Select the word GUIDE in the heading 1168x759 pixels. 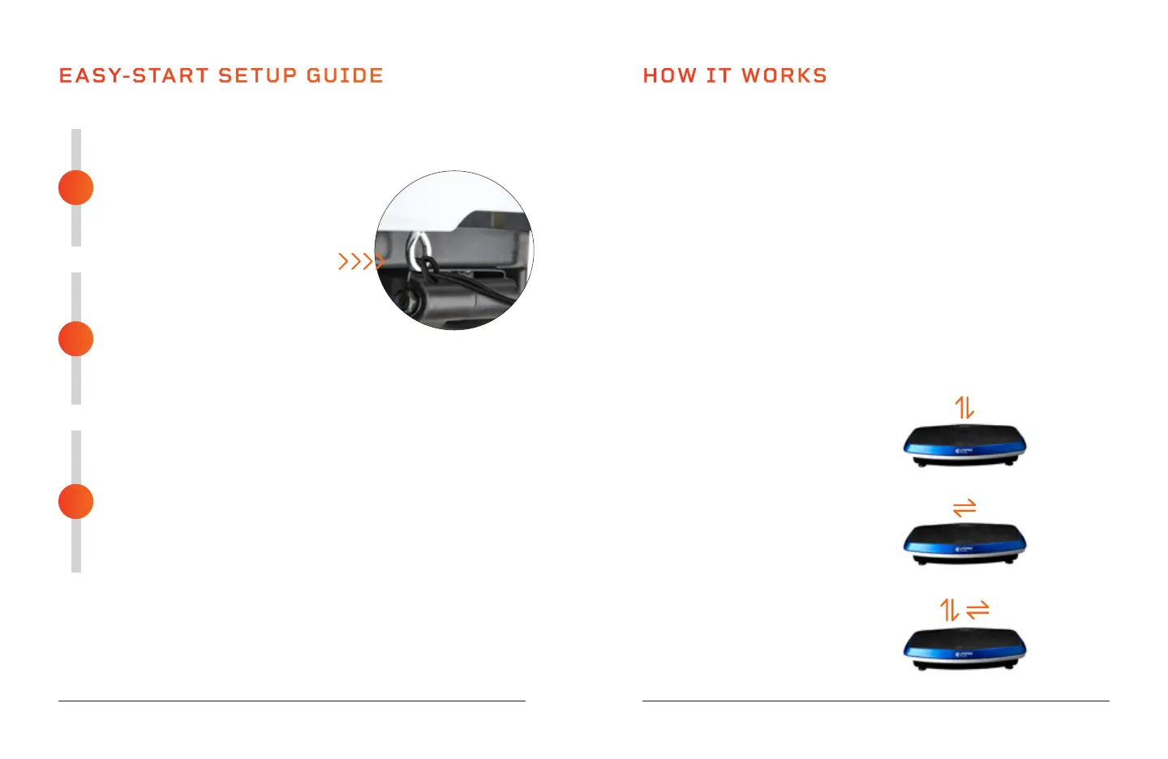345,76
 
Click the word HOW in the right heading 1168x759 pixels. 670,76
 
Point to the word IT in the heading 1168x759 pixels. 719,76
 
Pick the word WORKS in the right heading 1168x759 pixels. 784,76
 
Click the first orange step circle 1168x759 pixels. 76,188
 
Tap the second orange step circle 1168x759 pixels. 76,339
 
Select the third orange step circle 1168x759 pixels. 76,501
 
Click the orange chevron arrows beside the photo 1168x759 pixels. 359,261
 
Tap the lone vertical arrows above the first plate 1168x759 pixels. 964,407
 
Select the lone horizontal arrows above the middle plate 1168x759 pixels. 964,508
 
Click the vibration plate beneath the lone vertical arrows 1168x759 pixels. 964,446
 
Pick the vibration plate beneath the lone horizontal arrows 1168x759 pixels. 964,544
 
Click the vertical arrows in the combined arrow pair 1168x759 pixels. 950,610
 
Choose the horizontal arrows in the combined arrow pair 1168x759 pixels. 978,609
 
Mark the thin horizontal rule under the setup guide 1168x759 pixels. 292,701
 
